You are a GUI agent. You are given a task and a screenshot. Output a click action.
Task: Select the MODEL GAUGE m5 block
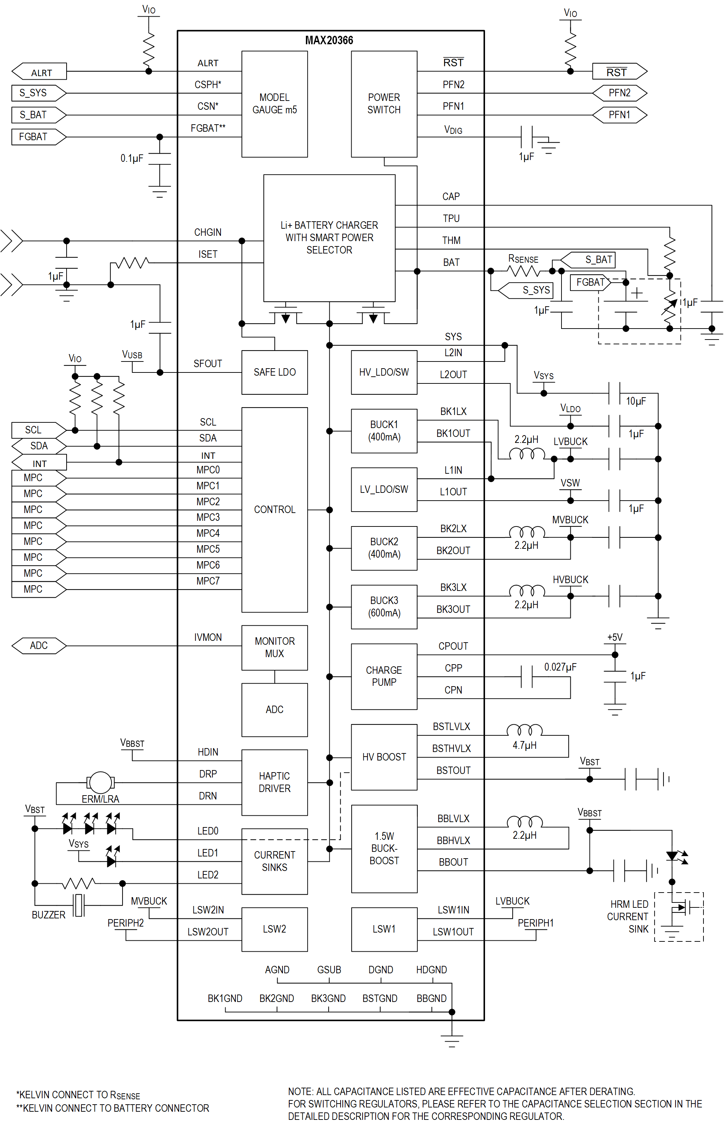coord(275,104)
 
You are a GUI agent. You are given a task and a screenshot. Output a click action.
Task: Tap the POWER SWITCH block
coord(384,104)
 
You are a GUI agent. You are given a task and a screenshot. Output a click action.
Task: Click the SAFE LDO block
coord(275,372)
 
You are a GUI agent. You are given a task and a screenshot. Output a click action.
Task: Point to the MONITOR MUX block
coord(275,647)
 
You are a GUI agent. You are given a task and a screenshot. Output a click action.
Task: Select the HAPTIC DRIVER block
coord(275,782)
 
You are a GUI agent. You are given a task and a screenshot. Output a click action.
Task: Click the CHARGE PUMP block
coord(384,676)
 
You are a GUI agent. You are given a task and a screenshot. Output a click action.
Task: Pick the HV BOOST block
coord(384,757)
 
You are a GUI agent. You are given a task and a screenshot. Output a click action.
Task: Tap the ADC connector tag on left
coord(39,645)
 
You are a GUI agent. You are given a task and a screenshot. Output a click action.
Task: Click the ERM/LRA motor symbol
coord(100,782)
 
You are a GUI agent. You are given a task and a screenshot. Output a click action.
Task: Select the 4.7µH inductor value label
coord(524,745)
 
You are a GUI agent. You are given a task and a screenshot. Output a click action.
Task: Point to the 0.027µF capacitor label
coord(560,667)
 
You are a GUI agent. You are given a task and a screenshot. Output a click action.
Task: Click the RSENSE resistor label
coord(523,259)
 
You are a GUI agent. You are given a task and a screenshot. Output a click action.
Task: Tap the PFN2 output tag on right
coord(619,93)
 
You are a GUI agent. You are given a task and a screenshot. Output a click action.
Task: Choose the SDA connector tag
coord(39,445)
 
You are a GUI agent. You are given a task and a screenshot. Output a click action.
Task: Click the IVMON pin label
coord(208,637)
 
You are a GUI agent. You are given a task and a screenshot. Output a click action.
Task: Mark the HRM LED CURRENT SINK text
coord(628,917)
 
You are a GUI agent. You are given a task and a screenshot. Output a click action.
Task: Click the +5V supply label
coord(615,637)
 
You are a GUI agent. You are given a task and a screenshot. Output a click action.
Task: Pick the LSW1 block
coord(384,929)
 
